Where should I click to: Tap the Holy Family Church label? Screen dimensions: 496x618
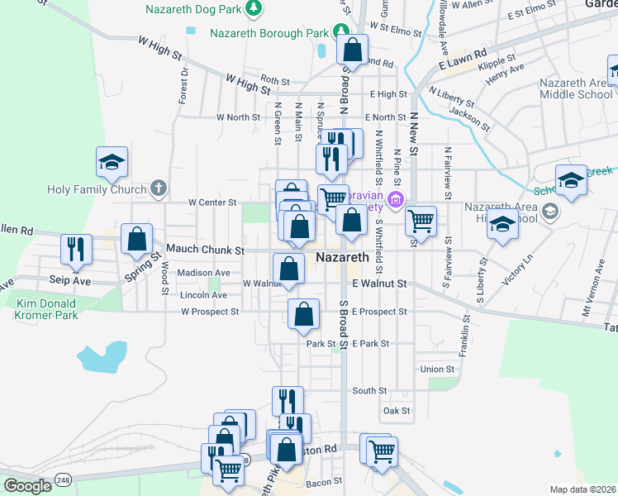(97, 189)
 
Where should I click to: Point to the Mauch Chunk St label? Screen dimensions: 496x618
(205, 249)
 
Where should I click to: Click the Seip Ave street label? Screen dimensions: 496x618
(45, 279)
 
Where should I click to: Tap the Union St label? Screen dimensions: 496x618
(438, 369)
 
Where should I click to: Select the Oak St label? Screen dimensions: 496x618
(397, 411)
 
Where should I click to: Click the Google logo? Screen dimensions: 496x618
(27, 486)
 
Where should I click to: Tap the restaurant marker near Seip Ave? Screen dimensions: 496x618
(77, 250)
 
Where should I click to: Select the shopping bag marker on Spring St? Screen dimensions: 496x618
(136, 239)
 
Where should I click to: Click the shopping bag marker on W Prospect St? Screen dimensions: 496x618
(304, 314)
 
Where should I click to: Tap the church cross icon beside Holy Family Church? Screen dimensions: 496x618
(159, 189)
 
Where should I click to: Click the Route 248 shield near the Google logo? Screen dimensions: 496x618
(64, 479)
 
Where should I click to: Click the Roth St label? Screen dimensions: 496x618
(274, 81)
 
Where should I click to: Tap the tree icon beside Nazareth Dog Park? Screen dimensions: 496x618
(255, 9)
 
